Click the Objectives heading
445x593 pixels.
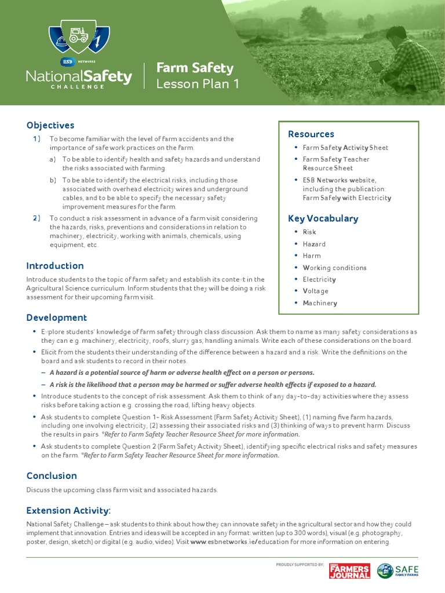point(50,125)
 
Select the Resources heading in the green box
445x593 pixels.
point(311,134)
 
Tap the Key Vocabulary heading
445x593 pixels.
point(323,218)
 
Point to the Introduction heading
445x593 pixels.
point(55,266)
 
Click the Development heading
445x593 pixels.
point(57,317)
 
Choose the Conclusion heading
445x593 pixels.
point(52,475)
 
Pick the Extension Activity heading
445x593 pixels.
point(68,510)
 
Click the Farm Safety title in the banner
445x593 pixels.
point(195,68)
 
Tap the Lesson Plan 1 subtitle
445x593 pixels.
point(198,84)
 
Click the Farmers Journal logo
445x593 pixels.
point(349,570)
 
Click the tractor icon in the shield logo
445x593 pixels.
point(79,35)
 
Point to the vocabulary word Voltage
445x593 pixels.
point(315,291)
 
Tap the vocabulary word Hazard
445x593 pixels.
point(314,244)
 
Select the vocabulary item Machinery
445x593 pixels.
point(320,303)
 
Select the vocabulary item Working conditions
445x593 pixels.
point(334,268)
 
